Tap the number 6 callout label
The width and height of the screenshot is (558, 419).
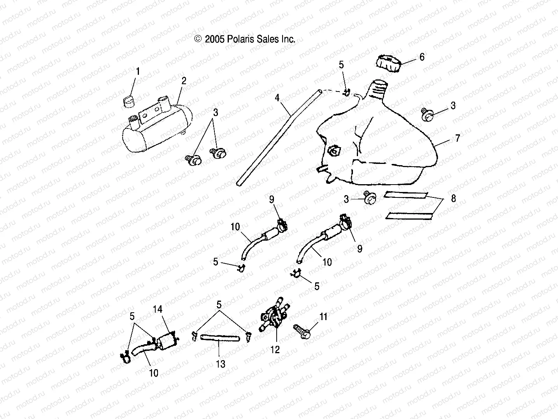point(422,57)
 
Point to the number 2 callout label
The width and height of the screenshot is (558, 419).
point(184,81)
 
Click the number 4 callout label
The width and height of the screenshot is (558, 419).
point(277,97)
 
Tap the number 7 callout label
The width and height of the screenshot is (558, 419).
point(458,138)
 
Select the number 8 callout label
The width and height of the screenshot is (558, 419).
point(453,198)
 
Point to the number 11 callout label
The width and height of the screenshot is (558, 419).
point(323,317)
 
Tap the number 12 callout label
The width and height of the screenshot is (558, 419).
point(275,349)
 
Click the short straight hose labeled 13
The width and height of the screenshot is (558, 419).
point(220,337)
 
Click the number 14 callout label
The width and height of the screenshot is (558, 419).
point(158,309)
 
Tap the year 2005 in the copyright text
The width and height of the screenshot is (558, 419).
point(214,39)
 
